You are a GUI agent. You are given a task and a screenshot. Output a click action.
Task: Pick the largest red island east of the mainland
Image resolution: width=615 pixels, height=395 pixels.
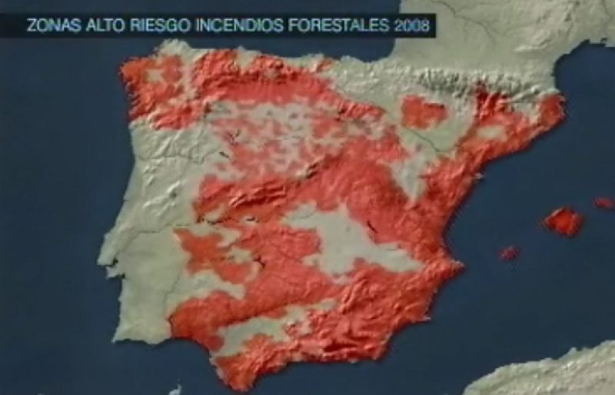click(563, 221)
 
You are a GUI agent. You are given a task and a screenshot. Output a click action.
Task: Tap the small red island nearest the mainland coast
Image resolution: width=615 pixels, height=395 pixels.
click(508, 252)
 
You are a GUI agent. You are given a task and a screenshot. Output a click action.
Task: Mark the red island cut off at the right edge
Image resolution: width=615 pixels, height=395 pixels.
click(604, 203)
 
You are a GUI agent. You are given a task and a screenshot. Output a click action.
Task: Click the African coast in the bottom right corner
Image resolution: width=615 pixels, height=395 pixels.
click(553, 373)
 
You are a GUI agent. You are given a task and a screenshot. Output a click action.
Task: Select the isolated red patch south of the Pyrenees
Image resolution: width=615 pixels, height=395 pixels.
click(422, 112)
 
